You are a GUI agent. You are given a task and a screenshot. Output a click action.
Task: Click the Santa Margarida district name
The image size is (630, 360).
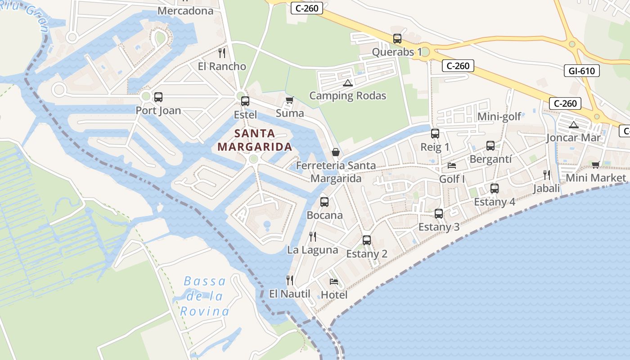coord(255,140)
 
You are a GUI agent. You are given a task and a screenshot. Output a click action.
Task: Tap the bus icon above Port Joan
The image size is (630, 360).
coord(158,97)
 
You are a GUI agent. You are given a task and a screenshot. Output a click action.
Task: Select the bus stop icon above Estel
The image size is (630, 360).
coord(245,101)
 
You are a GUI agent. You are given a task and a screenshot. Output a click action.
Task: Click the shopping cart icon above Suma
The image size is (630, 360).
coord(290,100)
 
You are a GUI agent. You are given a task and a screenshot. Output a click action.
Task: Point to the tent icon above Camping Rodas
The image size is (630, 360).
coord(347,83)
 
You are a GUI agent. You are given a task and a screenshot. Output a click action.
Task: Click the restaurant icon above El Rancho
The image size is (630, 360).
coord(222,53)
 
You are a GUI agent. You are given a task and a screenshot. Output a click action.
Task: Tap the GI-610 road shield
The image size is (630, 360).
coord(581,71)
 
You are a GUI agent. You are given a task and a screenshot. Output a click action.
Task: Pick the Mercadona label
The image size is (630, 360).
coord(185,10)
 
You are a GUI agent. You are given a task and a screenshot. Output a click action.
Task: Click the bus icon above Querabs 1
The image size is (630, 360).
coord(397,39)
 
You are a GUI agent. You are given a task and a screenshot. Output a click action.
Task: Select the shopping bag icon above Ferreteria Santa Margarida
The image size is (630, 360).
coord(336,152)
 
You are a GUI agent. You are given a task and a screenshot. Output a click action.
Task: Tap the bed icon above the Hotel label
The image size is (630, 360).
coord(334,282)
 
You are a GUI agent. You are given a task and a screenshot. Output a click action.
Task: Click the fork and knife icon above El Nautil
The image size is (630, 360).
coord(290,280)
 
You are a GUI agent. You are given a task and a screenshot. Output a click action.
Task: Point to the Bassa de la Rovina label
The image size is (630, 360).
coord(205,296)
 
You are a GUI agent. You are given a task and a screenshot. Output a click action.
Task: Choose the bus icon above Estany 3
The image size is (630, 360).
coord(439,214)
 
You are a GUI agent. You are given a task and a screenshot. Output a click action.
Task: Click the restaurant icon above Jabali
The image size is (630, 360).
coord(547,175)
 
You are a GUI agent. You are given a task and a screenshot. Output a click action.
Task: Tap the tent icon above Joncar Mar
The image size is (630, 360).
coord(573,125)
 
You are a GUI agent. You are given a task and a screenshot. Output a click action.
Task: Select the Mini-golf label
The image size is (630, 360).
coord(499,117)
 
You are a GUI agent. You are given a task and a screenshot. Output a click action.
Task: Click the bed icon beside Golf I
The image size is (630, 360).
coord(452,166)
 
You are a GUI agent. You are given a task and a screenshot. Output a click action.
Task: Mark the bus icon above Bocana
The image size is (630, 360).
coord(324,202)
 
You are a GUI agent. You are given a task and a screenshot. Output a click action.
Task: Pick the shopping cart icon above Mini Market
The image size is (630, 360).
coord(596,165)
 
